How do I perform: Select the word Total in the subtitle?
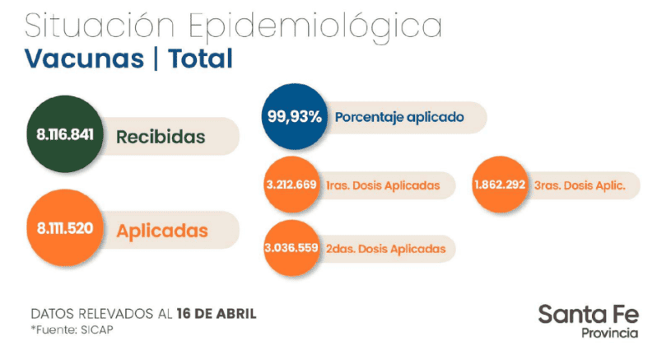coord(200,58)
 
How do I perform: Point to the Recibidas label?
coord(161,137)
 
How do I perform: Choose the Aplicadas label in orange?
coord(162,231)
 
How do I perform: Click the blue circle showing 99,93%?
coord(293,117)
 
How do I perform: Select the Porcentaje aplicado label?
coord(399,118)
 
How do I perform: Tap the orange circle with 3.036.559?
coord(291,248)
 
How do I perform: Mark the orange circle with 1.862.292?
coord(500,185)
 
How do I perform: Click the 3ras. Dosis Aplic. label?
coord(579,185)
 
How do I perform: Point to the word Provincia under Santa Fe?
coord(609,333)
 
